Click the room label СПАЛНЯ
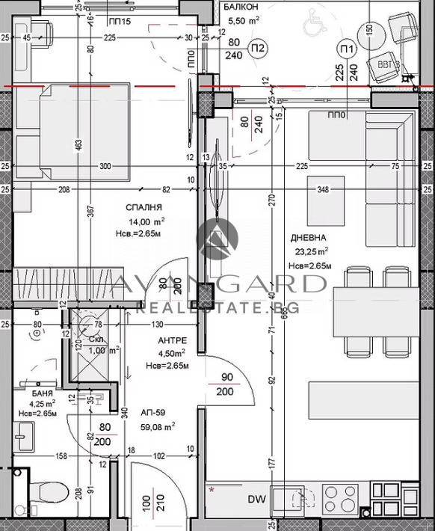[145, 206]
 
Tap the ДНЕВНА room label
[306, 237]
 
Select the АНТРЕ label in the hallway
[172, 340]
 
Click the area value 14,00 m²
[146, 222]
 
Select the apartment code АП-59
[154, 412]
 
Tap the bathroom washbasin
[24, 433]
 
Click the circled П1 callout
[346, 49]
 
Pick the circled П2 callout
[258, 49]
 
